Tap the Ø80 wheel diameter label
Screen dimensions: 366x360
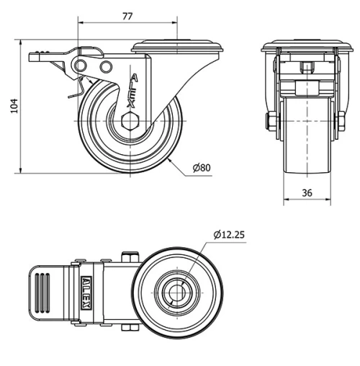click(x=202, y=168)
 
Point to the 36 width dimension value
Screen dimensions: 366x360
click(x=307, y=192)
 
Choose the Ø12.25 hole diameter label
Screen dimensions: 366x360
click(x=230, y=234)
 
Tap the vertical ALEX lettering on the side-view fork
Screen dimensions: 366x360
click(x=134, y=89)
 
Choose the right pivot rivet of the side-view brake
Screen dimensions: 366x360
click(x=107, y=67)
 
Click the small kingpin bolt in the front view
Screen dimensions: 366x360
click(x=307, y=70)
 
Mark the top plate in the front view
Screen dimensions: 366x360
click(x=307, y=48)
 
